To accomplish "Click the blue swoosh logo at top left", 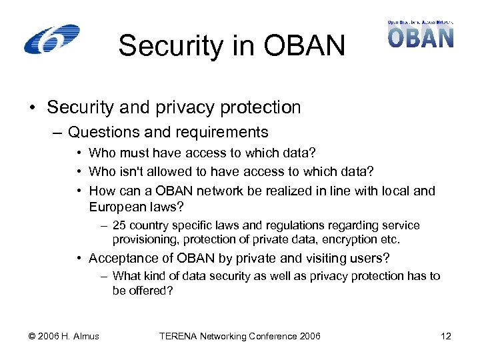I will (x=51, y=39).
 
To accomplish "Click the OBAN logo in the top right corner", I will (x=421, y=34).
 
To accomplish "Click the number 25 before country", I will (x=119, y=225).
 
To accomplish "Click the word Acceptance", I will (x=122, y=258).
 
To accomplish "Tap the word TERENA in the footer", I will (x=178, y=336).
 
